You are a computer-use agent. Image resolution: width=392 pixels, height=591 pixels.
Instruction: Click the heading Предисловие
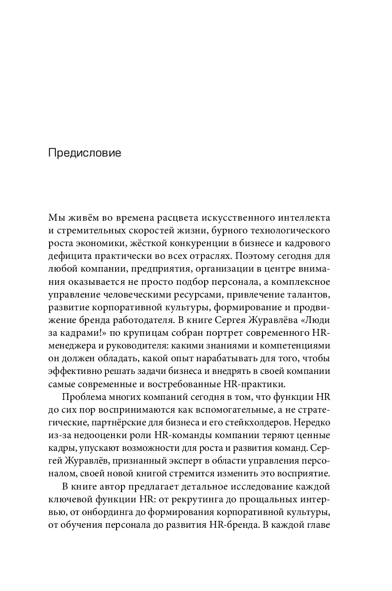(85, 153)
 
